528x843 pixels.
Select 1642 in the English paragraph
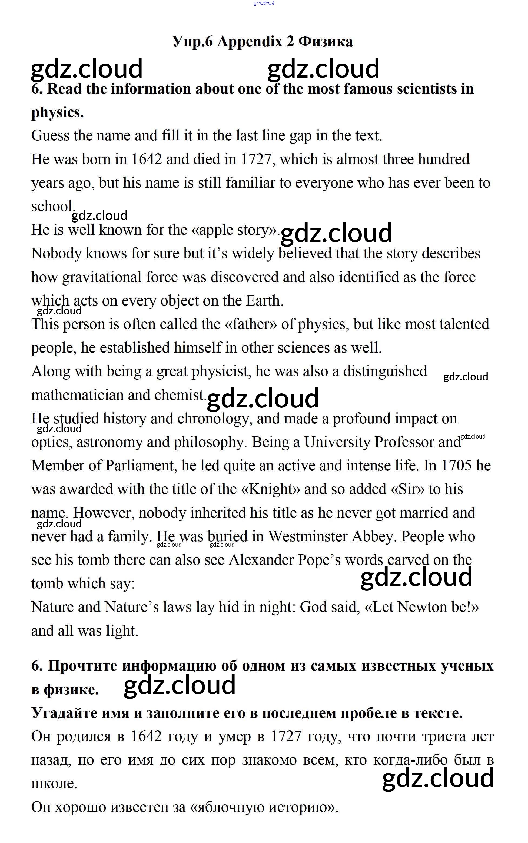[x=146, y=160]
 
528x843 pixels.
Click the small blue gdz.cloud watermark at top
[x=264, y=3]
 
